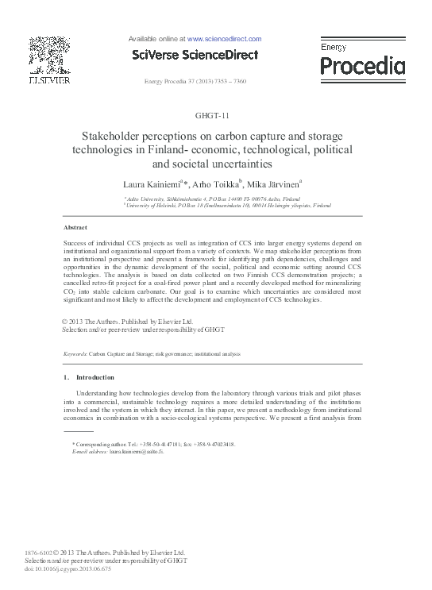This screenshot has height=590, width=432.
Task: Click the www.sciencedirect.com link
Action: (x=224, y=38)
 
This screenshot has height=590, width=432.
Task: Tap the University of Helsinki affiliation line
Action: (x=216, y=205)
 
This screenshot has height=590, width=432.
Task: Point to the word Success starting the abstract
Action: (x=76, y=242)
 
